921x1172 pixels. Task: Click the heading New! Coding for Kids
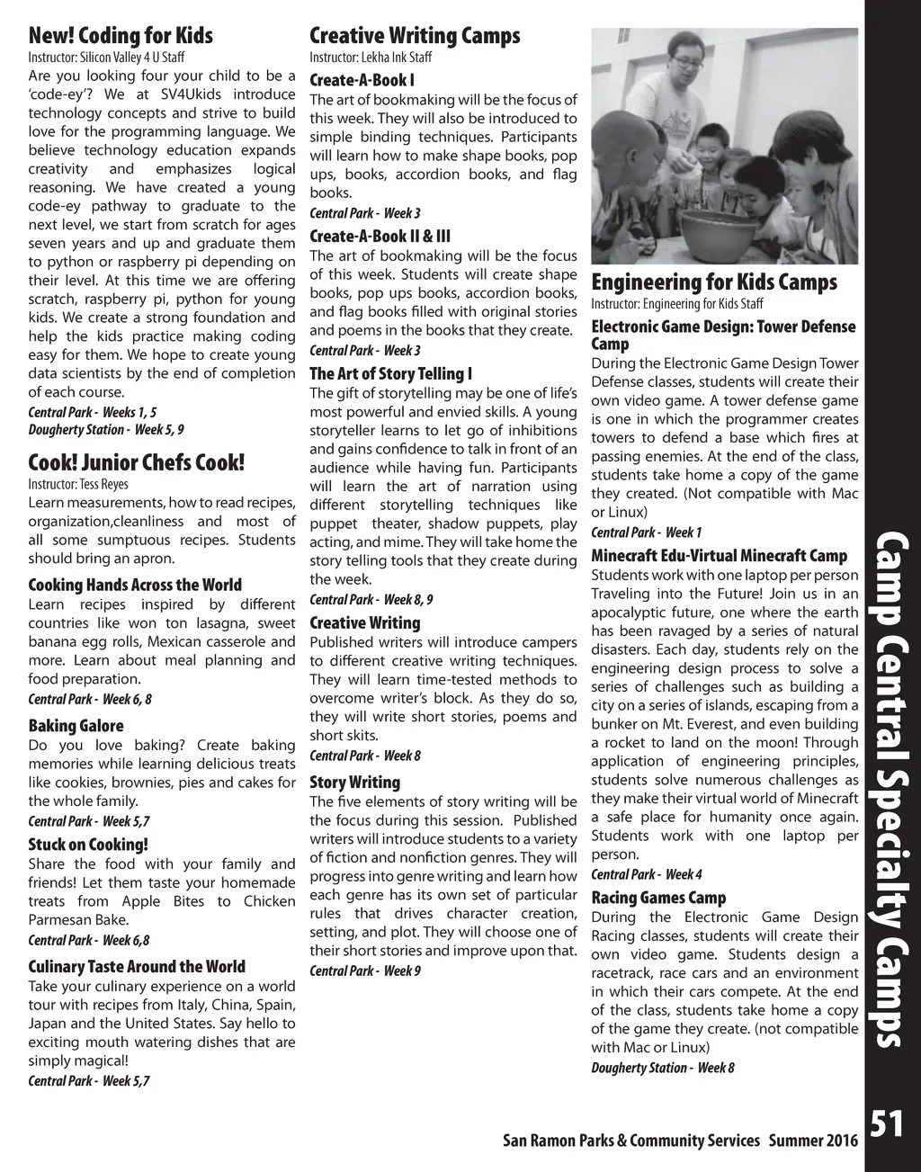point(121,36)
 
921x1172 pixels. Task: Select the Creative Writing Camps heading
point(415,36)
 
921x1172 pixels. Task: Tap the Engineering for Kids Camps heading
point(714,282)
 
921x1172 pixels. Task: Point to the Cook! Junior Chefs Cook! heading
point(136,463)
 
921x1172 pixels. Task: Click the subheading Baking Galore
point(76,726)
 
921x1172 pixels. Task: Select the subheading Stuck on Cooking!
point(88,845)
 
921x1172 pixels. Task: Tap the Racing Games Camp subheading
point(658,898)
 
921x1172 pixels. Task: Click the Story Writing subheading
point(354,783)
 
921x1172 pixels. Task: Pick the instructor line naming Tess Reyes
point(78,484)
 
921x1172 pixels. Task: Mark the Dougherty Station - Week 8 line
point(663,1068)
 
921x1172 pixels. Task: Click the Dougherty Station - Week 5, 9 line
point(106,430)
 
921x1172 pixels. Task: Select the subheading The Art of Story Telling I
point(390,373)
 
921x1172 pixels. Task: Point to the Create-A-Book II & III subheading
point(380,237)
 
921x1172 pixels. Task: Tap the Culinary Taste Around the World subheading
point(137,967)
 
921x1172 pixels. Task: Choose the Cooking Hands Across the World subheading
point(135,585)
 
